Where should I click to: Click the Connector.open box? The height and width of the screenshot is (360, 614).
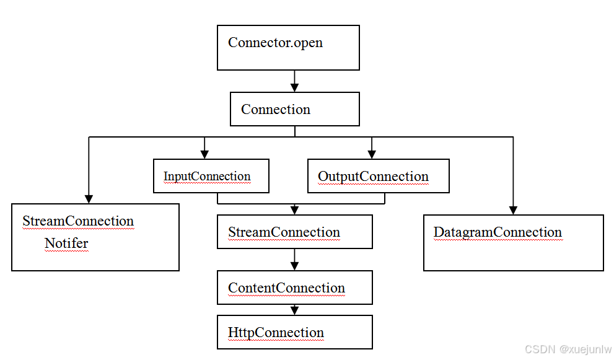[288, 48]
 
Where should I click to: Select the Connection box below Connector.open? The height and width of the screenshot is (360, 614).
[294, 110]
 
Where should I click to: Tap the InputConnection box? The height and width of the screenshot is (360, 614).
[211, 176]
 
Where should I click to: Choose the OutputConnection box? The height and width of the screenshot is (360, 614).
[378, 176]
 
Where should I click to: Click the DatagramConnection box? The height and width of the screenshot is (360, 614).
[513, 243]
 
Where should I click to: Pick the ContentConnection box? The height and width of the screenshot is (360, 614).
[294, 288]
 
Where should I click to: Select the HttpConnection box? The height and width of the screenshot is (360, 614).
[294, 332]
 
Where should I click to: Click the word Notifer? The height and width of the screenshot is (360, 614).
[66, 244]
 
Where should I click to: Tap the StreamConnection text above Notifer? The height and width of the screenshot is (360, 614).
[78, 221]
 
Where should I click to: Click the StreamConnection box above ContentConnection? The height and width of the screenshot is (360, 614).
[294, 232]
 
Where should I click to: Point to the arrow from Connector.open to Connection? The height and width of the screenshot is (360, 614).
[294, 81]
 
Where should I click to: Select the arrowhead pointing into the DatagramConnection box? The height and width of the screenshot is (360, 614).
[513, 210]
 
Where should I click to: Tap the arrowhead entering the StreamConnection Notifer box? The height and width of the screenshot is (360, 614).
[89, 199]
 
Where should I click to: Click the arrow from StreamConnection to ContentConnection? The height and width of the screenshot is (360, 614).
[294, 260]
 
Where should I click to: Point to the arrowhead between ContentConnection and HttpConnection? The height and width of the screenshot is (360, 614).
[294, 310]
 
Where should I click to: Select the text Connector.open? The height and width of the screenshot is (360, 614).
[275, 43]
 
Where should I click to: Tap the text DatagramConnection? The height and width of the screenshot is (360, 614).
[498, 232]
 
